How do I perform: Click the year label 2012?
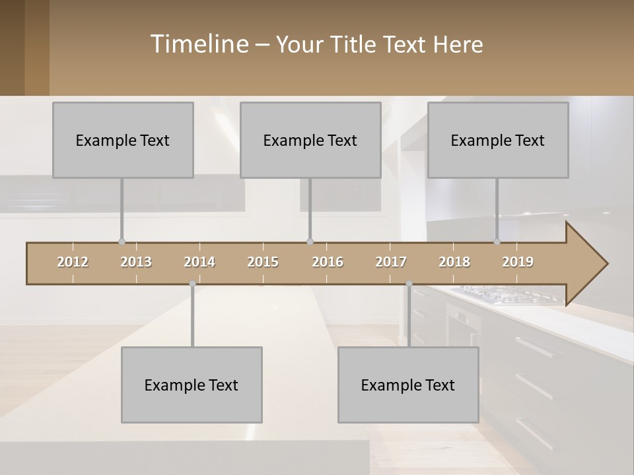[x=73, y=262]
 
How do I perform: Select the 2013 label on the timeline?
[x=136, y=262]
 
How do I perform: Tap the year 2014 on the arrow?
[x=199, y=262]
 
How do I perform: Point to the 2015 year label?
[x=263, y=262]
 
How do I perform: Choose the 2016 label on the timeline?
[x=328, y=262]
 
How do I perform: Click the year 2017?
[x=391, y=262]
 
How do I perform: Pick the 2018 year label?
[x=454, y=262]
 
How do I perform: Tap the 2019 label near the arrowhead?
[x=518, y=262]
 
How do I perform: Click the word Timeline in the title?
[x=198, y=44]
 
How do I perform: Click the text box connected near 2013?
[x=123, y=140]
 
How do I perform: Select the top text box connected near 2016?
[x=310, y=140]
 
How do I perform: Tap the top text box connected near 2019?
[x=498, y=140]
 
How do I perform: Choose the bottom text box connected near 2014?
[x=192, y=385]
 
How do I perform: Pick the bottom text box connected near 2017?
[x=408, y=385]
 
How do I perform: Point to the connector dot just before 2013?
[x=122, y=241]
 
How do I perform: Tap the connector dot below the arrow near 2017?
[x=409, y=284]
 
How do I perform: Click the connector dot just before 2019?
[x=497, y=241]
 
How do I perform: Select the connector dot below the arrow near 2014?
[x=192, y=284]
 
